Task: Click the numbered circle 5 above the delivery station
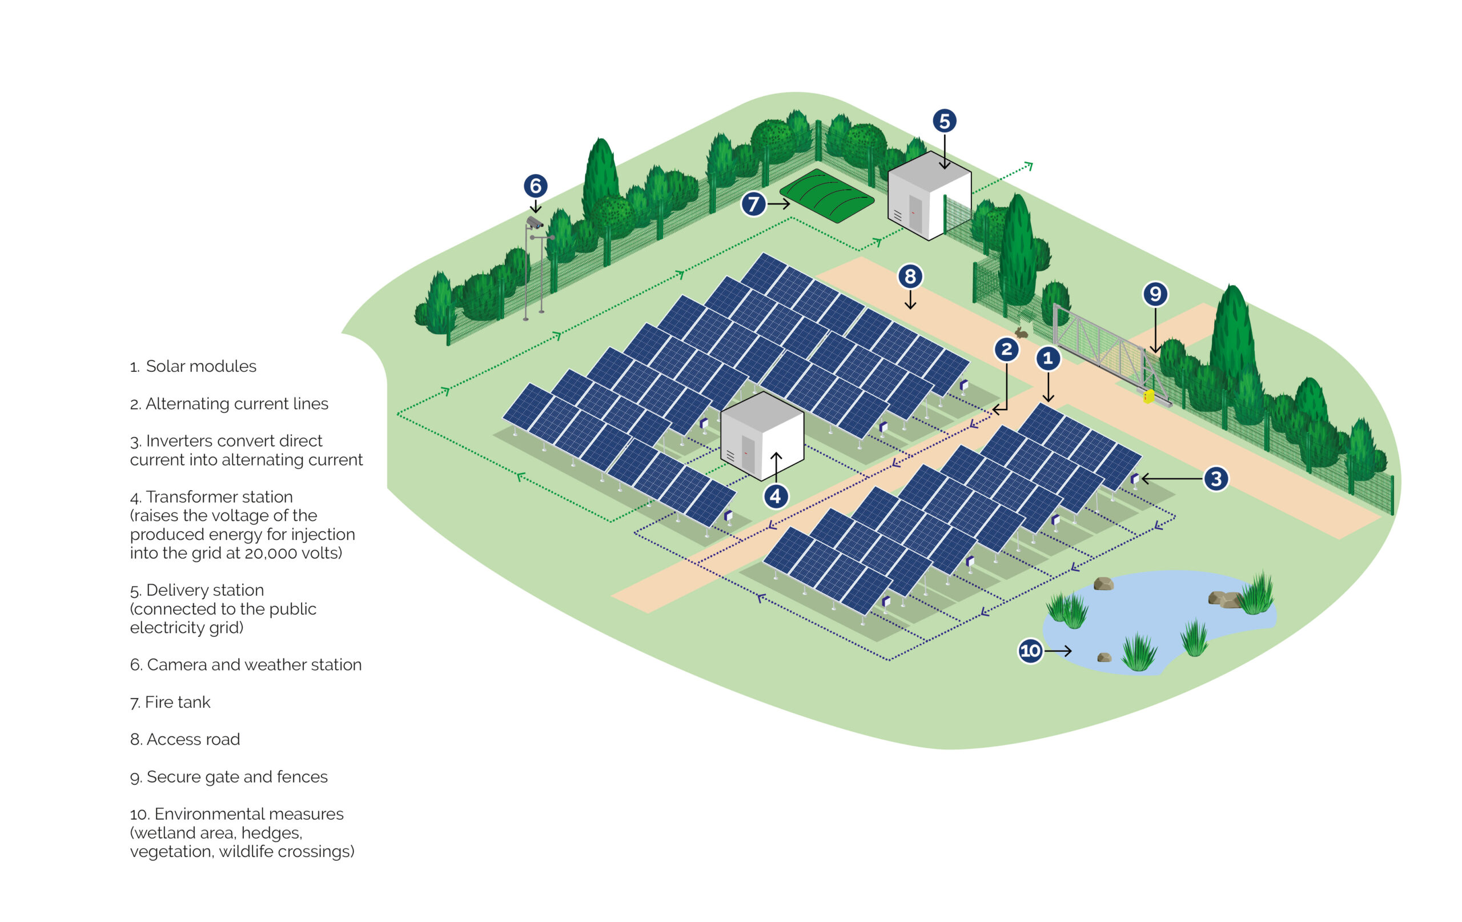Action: click(x=944, y=121)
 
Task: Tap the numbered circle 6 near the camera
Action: click(x=536, y=186)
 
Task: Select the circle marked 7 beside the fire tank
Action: click(x=753, y=204)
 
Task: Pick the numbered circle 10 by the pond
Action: click(x=1030, y=651)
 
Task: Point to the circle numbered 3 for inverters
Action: click(x=1216, y=479)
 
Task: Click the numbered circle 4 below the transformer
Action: click(x=776, y=496)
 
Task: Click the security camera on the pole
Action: click(x=533, y=222)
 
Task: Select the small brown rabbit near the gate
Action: click(x=1022, y=332)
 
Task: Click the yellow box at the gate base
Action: click(x=1148, y=396)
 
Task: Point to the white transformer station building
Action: click(x=762, y=435)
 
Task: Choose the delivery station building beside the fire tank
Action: click(x=929, y=195)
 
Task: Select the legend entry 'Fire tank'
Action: click(x=171, y=702)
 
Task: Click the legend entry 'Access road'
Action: click(x=185, y=739)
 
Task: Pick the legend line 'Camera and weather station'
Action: click(x=246, y=664)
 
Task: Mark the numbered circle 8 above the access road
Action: click(x=910, y=276)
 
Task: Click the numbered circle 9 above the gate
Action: click(x=1155, y=294)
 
